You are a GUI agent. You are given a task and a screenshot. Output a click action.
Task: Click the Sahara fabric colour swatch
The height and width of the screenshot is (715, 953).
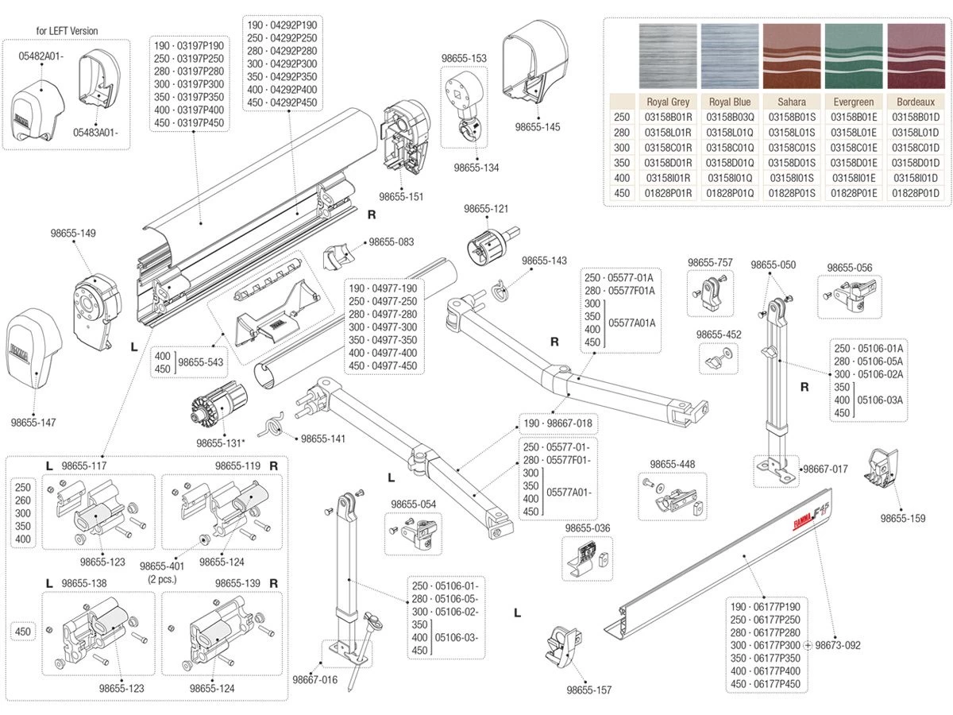pos(792,57)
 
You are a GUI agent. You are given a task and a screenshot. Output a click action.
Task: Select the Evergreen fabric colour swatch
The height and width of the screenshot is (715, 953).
pos(854,57)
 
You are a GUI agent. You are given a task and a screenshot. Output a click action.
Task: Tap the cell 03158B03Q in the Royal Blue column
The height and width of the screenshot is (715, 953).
pos(730,117)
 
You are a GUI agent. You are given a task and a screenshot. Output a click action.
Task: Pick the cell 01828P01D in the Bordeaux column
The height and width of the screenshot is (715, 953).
pos(916,193)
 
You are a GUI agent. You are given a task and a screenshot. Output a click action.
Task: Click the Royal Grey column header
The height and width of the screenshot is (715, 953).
pos(668,102)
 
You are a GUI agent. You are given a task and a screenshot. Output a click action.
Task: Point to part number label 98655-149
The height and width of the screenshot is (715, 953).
pos(73,234)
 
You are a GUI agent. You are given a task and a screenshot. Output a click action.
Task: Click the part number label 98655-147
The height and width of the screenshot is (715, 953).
pos(34,422)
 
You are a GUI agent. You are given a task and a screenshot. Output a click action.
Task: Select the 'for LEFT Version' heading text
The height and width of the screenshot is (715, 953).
pos(68,31)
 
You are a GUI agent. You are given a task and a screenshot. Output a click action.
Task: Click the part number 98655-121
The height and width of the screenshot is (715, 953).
pos(486,208)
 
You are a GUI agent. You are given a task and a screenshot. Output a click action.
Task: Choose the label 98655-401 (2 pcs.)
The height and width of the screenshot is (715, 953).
pos(162,572)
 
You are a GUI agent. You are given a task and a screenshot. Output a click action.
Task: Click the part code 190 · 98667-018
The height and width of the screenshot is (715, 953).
pos(557,423)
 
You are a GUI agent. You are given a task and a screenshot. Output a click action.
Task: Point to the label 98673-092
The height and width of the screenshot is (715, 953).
pos(837,645)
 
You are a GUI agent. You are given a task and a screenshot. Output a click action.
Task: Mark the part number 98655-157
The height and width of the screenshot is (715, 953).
pos(589,690)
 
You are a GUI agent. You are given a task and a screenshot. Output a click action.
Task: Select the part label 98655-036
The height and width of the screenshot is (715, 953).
pos(587,528)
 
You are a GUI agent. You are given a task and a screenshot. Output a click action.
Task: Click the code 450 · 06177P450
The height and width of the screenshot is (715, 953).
pos(765,684)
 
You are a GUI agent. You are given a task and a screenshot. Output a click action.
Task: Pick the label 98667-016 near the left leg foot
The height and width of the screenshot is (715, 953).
pos(314,679)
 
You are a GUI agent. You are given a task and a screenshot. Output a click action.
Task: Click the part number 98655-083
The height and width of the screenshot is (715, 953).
pos(392,242)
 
